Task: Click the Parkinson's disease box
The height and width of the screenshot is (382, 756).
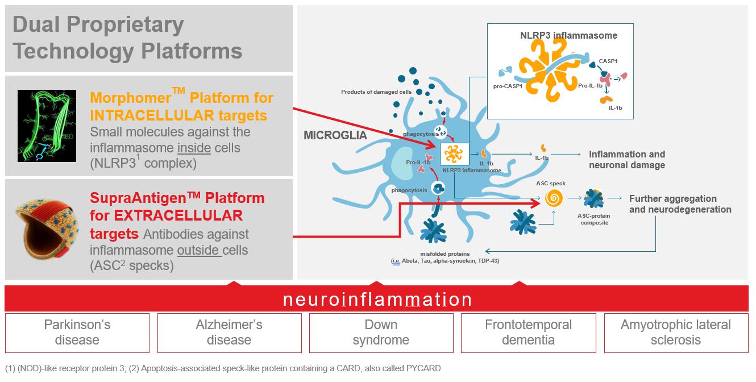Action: tap(77, 333)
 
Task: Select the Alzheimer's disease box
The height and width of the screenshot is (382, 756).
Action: tap(229, 333)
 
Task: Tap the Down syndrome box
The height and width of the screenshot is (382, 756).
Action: tap(381, 333)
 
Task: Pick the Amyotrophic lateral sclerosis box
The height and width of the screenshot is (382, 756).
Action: tap(676, 333)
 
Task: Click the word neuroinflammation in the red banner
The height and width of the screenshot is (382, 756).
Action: tap(377, 300)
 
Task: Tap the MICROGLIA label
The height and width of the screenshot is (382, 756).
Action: tap(335, 136)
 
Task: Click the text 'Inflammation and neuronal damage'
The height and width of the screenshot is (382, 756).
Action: tap(626, 160)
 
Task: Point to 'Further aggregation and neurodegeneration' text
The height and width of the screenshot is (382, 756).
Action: tap(680, 204)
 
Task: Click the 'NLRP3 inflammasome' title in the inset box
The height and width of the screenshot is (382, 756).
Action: tap(568, 35)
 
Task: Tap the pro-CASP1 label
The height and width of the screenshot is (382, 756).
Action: tap(508, 87)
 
